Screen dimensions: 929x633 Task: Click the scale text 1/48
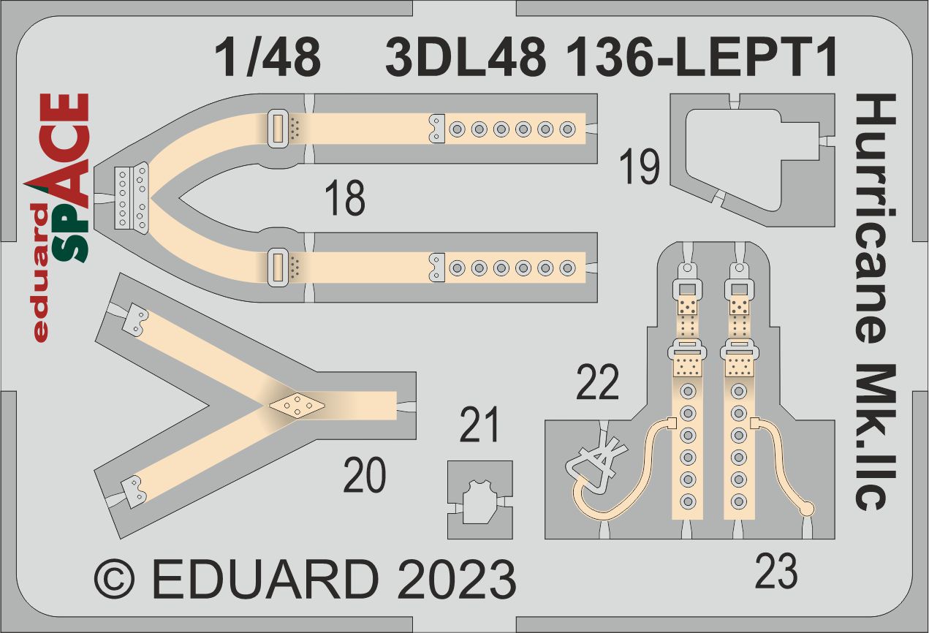coord(268,57)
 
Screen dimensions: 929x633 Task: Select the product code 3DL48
coord(466,57)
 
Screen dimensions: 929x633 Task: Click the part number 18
coord(345,198)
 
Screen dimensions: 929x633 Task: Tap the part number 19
coord(639,167)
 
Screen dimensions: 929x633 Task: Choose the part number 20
coord(365,475)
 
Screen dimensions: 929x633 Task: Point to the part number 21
coord(479,425)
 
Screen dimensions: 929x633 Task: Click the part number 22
coord(597,382)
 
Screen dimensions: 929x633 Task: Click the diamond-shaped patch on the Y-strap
coord(297,404)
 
